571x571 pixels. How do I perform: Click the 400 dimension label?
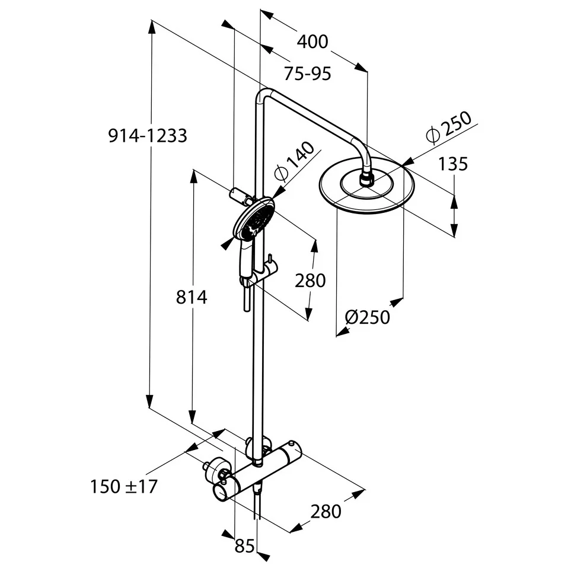pos(312,42)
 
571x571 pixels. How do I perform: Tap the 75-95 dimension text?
pos(307,74)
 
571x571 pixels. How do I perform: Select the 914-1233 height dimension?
pos(148,136)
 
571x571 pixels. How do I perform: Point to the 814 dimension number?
pos(192,297)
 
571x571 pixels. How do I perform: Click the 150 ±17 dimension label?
pos(124,487)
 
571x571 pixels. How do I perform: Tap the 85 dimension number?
pos(244,546)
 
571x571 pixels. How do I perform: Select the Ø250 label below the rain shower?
pos(368,317)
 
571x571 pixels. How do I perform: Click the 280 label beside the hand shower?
pos(310,281)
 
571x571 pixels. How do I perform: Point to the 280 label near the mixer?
pos(326,511)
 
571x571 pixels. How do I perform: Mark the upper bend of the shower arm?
pos(264,95)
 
